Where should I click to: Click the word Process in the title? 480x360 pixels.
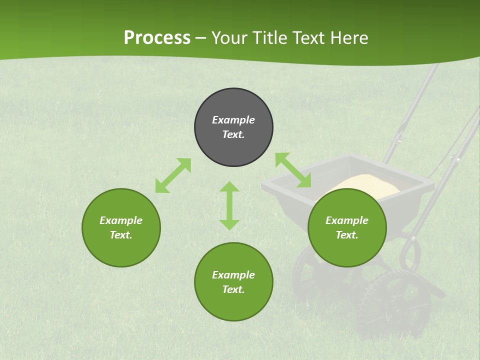(157, 38)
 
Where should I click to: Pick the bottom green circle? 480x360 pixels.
(233, 305)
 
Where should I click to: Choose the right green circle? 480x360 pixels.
(347, 250)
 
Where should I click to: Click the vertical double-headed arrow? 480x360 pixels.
(229, 205)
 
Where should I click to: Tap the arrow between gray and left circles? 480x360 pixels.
(173, 175)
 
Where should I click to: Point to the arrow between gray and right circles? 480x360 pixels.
(293, 170)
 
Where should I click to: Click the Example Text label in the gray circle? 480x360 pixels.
(233, 127)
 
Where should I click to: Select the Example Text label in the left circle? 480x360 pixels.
(121, 227)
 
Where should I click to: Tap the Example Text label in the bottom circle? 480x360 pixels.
(233, 282)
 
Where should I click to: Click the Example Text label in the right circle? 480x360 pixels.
(347, 227)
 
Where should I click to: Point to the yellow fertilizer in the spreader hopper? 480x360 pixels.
(365, 182)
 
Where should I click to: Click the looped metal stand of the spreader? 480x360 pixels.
(410, 252)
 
